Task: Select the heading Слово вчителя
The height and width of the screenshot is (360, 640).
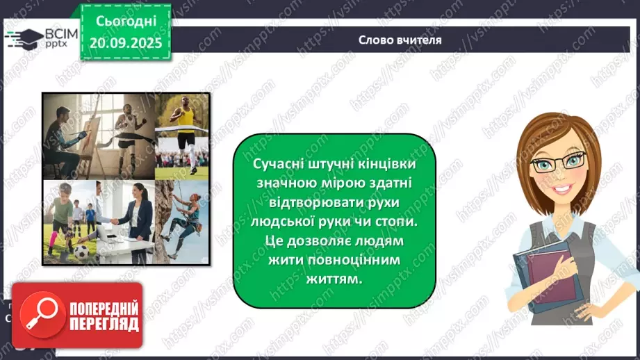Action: coord(400,40)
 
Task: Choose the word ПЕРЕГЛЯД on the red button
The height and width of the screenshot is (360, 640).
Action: coord(103,324)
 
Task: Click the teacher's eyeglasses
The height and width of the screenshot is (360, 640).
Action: coord(563,164)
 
